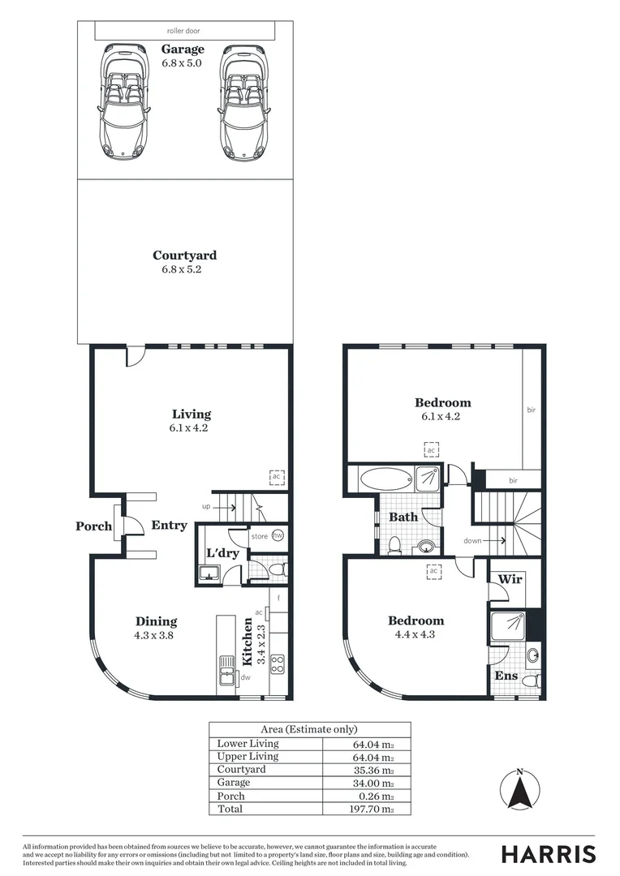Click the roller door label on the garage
click(183, 31)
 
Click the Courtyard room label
click(184, 255)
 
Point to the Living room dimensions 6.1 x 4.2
click(189, 428)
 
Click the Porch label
click(94, 526)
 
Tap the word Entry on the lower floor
click(169, 526)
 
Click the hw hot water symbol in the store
click(277, 535)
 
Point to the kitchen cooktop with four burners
click(277, 664)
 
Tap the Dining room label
click(156, 622)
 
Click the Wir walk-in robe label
click(510, 580)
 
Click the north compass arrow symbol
click(520, 789)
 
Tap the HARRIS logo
click(548, 854)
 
